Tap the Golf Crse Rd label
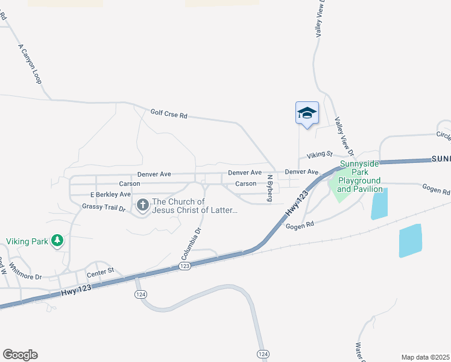click(x=169, y=113)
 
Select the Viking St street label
click(x=320, y=154)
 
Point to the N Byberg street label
click(x=270, y=188)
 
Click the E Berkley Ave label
click(x=110, y=195)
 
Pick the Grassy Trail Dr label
click(x=103, y=208)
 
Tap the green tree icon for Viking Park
click(x=57, y=241)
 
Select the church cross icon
click(x=143, y=206)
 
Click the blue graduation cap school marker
click(x=306, y=112)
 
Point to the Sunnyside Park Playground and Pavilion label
click(x=359, y=176)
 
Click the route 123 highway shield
click(x=185, y=266)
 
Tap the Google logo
click(x=19, y=355)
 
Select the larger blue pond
click(x=411, y=240)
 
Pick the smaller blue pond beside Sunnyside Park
click(x=379, y=204)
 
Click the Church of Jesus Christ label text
click(x=195, y=206)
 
